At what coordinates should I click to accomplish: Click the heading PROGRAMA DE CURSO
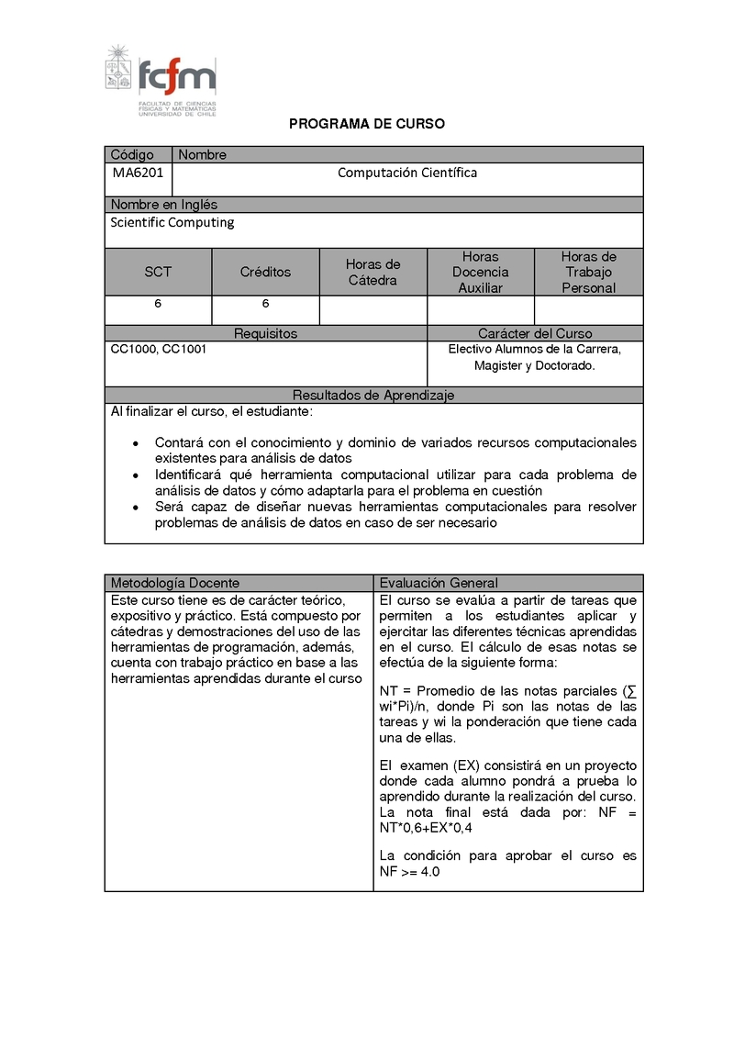click(x=367, y=124)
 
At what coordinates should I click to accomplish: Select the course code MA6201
click(x=138, y=173)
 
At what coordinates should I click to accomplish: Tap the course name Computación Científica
click(x=407, y=173)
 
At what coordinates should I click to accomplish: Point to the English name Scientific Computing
click(x=172, y=222)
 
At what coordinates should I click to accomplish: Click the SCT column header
click(x=158, y=273)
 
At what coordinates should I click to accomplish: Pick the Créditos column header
click(x=265, y=273)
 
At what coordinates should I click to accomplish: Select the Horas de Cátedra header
click(x=373, y=273)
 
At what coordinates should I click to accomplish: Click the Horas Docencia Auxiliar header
click(x=481, y=273)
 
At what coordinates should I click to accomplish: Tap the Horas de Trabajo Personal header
click(x=589, y=273)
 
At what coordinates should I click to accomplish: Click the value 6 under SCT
click(x=158, y=304)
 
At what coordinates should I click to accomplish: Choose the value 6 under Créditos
click(x=265, y=304)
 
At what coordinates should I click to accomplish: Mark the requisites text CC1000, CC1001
click(x=158, y=350)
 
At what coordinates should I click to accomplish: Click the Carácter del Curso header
click(x=535, y=334)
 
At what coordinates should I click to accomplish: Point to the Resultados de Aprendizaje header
click(x=373, y=396)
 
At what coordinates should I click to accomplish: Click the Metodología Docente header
click(x=175, y=583)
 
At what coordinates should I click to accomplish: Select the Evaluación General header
click(x=439, y=583)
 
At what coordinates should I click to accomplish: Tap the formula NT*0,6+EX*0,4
click(x=426, y=829)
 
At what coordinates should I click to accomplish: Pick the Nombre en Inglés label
click(x=164, y=205)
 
